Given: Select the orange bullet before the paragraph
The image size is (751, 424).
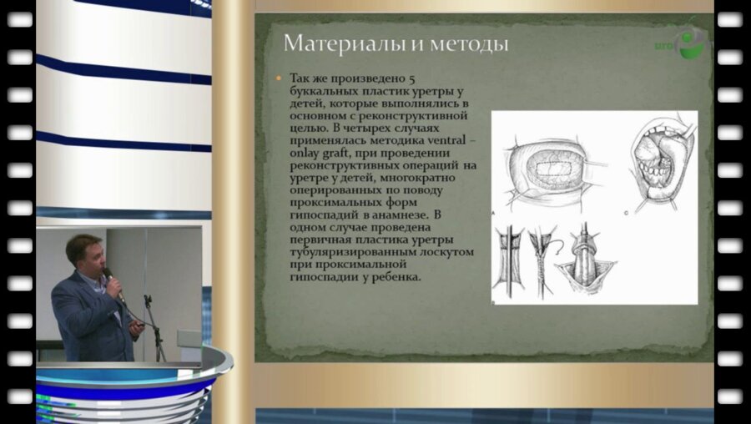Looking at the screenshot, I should tap(278, 78).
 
